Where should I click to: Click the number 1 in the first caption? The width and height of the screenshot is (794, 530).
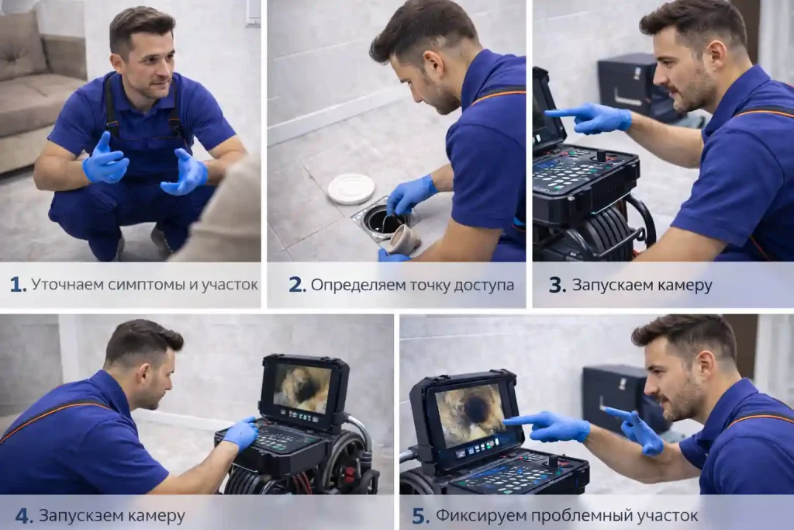[17, 285]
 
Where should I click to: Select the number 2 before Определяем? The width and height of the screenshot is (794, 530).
[297, 285]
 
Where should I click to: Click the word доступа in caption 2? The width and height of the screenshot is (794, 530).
[484, 286]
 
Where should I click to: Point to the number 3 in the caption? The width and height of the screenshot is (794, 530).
[557, 286]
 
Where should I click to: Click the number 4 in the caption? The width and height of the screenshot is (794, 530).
[23, 516]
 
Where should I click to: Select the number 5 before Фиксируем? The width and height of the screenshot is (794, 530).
[420, 516]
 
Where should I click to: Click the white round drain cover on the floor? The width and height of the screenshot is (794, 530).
[351, 189]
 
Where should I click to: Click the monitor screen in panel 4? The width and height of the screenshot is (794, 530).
[302, 388]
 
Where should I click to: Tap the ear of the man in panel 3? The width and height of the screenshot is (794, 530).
[719, 57]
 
